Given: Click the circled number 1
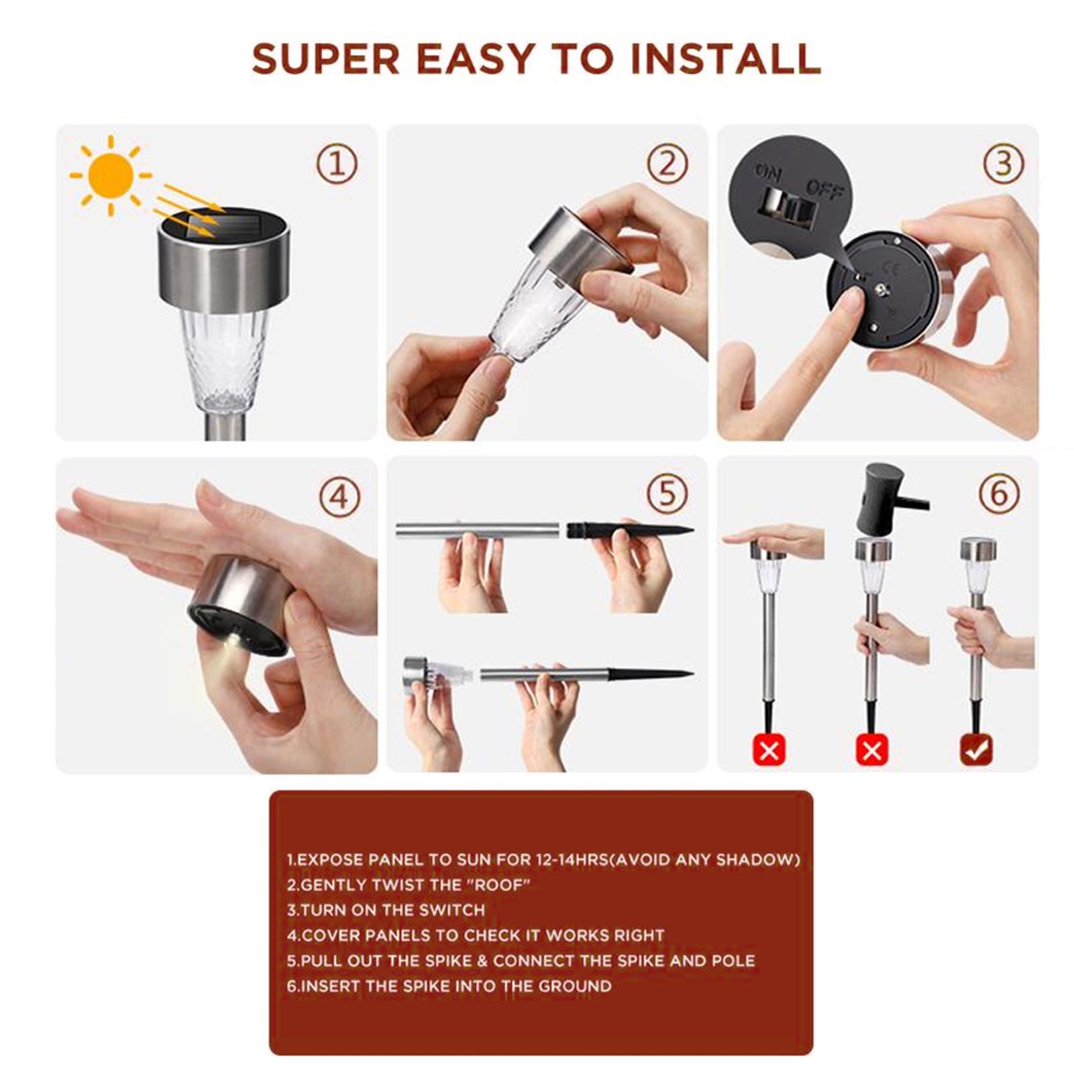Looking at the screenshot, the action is (337, 164).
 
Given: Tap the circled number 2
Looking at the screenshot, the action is (667, 164).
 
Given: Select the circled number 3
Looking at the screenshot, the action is (1004, 164).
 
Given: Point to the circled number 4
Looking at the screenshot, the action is (339, 497).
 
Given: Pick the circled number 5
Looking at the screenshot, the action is (667, 494).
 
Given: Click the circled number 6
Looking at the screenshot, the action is (999, 494).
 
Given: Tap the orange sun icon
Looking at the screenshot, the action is (111, 176).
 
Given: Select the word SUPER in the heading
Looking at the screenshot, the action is (325, 59).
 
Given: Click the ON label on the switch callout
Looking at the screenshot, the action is (768, 172).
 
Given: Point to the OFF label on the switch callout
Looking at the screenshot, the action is (824, 191).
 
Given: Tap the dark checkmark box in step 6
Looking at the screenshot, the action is (977, 749).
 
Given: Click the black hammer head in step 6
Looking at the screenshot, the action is (880, 498).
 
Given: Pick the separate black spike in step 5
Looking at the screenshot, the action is (629, 531).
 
